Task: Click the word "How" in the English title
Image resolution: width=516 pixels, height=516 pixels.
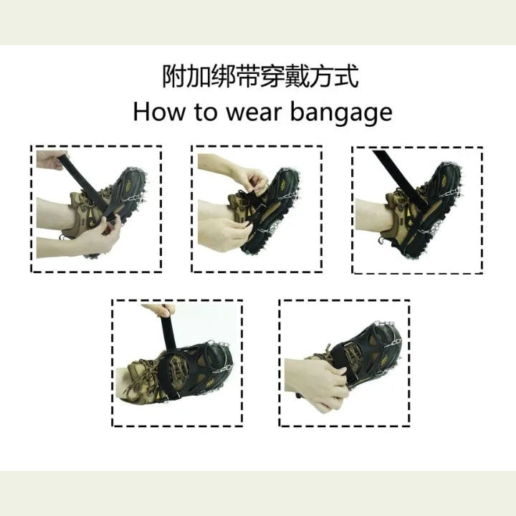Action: [x=159, y=113]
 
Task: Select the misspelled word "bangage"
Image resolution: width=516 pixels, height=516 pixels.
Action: [x=341, y=114]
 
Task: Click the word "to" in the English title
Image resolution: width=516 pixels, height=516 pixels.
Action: [x=206, y=113]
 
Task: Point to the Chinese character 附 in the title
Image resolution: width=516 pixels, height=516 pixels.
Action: [x=175, y=77]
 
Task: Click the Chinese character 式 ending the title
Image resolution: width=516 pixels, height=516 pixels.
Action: [x=346, y=77]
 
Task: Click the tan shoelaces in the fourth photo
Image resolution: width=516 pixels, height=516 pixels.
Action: [x=142, y=378]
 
